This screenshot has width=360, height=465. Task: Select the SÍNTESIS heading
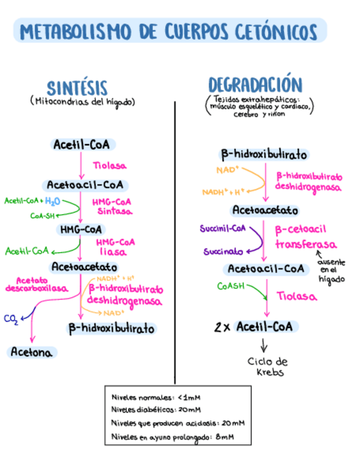tap(77, 88)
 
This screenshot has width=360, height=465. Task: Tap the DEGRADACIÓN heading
tap(255, 85)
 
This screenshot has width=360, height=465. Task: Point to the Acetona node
tap(33, 353)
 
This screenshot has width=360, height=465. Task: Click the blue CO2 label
tap(10, 319)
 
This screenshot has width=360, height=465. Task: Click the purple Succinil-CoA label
tap(223, 229)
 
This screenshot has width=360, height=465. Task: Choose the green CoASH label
tap(230, 286)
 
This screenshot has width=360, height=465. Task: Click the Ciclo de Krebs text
tap(267, 367)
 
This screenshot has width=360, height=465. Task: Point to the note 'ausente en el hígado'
tap(332, 270)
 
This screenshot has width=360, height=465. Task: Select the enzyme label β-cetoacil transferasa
tap(306, 237)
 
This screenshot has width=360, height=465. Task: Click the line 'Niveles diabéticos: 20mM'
tap(156, 410)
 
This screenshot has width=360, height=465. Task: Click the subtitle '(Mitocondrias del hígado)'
tap(83, 102)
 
